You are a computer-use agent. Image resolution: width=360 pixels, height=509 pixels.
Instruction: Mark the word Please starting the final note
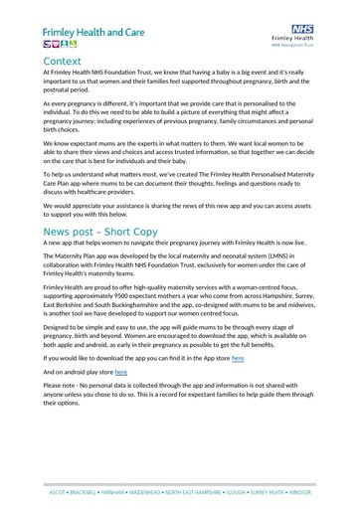point(55,385)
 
